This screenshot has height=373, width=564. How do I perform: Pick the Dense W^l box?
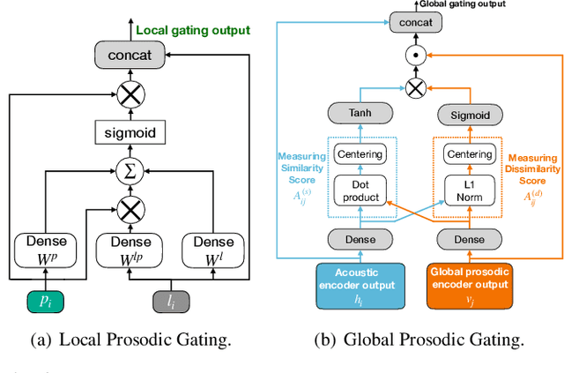pos(215,250)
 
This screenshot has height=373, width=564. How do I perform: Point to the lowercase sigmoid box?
pos(130,133)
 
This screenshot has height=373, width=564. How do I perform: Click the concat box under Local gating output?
pos(130,55)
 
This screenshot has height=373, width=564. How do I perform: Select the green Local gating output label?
pos(192,31)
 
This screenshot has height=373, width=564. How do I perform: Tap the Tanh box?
pos(360,113)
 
